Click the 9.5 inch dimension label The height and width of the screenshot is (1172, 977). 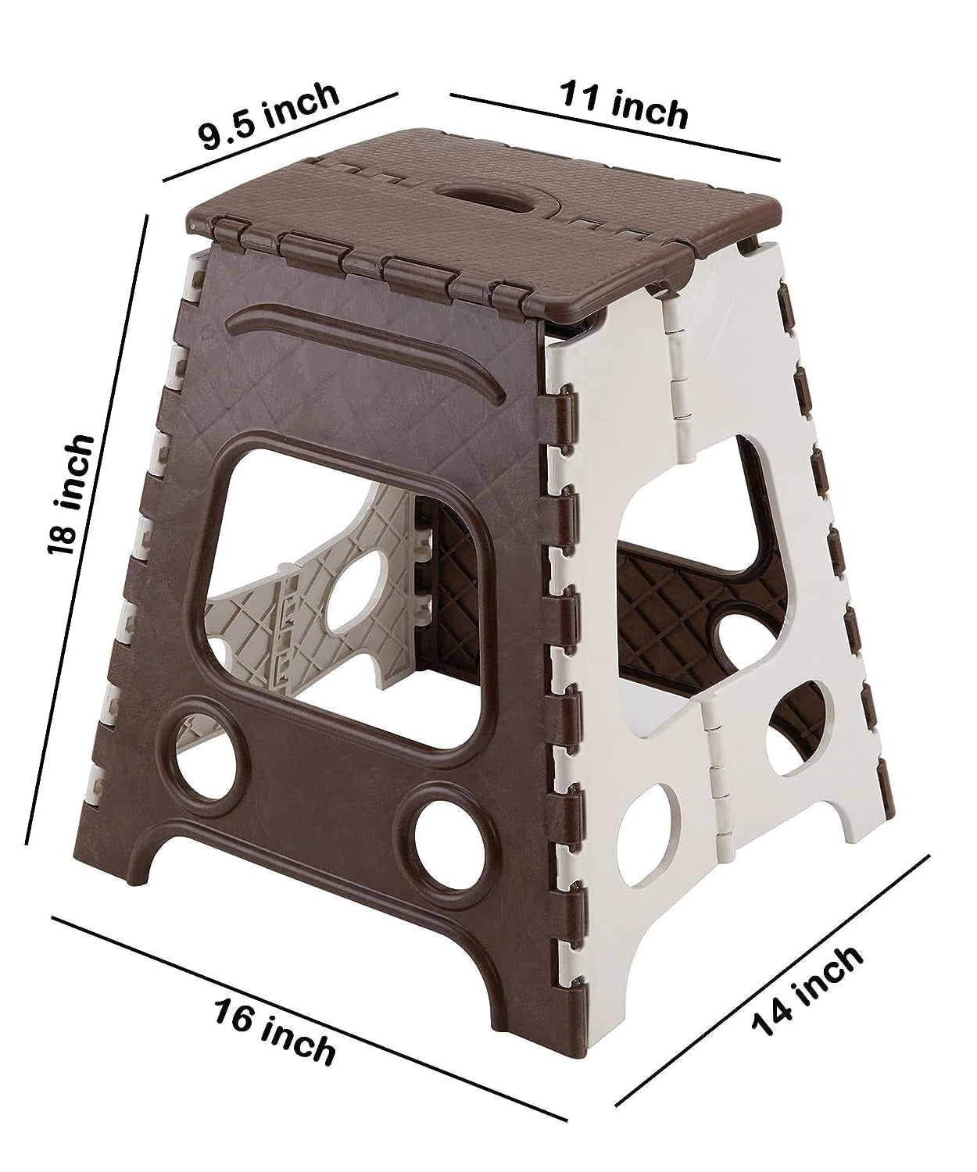269,116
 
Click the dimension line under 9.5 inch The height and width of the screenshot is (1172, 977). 281,138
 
